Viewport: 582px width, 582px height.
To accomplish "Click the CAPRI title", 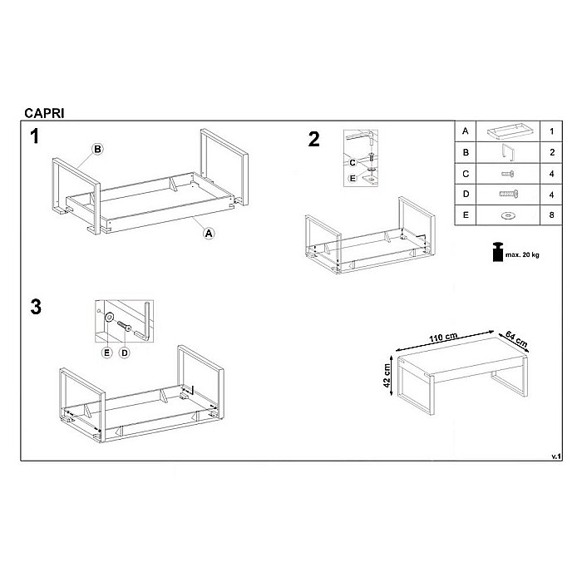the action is click(x=44, y=113).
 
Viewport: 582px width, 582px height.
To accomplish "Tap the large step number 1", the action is click(x=35, y=136).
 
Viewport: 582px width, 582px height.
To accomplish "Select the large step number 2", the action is click(x=313, y=140).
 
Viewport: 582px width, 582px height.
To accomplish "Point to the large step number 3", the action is click(x=36, y=308).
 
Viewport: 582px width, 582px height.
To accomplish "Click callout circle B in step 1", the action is click(x=97, y=149).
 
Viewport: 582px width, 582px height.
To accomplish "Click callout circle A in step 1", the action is click(x=209, y=234).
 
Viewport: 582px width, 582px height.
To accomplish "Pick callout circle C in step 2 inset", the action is click(x=353, y=163).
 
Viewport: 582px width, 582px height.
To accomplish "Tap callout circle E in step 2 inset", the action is click(x=353, y=179).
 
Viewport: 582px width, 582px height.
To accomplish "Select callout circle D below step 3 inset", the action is click(x=125, y=353).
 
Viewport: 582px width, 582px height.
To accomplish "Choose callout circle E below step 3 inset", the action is click(x=107, y=353).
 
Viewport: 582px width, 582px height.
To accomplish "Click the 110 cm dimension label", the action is click(x=443, y=337).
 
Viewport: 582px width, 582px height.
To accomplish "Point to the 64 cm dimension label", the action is click(x=516, y=339).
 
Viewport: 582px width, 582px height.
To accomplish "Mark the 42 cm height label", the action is click(x=387, y=375).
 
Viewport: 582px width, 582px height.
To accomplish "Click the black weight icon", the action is click(x=497, y=252).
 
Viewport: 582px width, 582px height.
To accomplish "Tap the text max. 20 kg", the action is click(x=522, y=255).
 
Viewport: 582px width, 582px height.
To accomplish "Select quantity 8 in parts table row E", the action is click(x=551, y=215).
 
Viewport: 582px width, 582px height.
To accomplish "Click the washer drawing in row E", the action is click(x=507, y=215).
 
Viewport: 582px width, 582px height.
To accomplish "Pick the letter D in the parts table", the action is click(x=466, y=194).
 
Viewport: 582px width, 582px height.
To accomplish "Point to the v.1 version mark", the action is click(x=556, y=456).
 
